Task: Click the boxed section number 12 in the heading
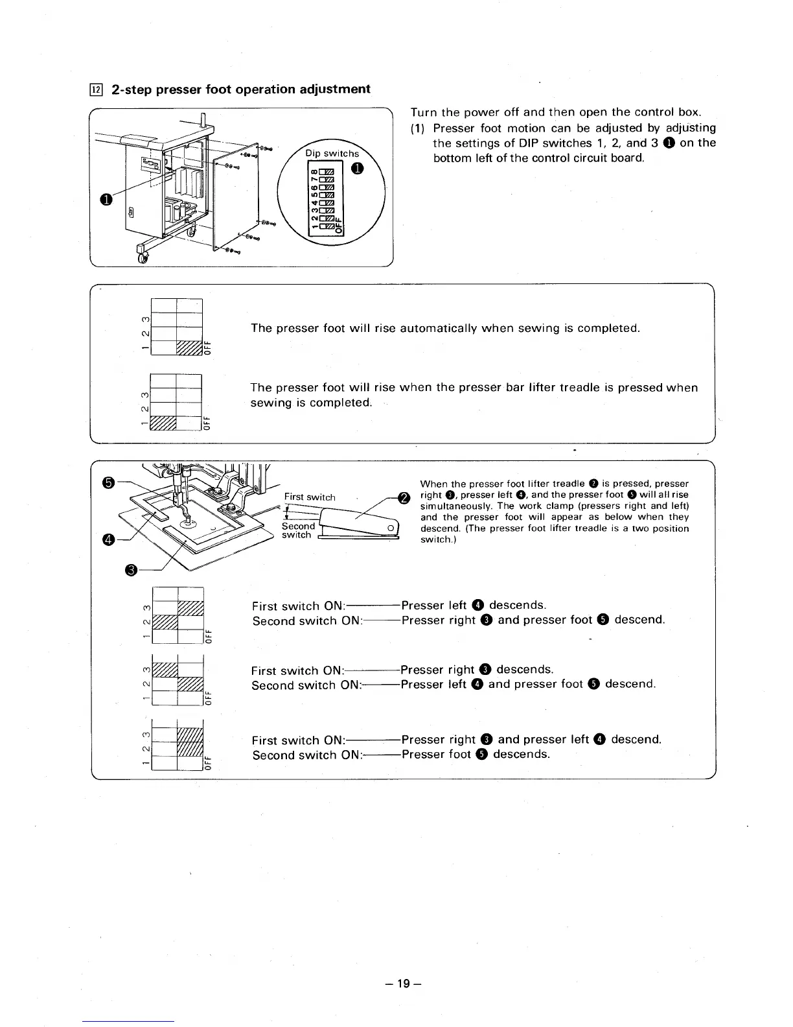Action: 95,90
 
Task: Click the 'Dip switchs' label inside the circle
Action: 332,154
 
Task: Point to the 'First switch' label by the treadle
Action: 310,497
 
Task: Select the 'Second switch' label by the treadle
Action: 297,530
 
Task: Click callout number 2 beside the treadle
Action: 403,498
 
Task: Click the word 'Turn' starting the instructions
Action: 424,113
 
